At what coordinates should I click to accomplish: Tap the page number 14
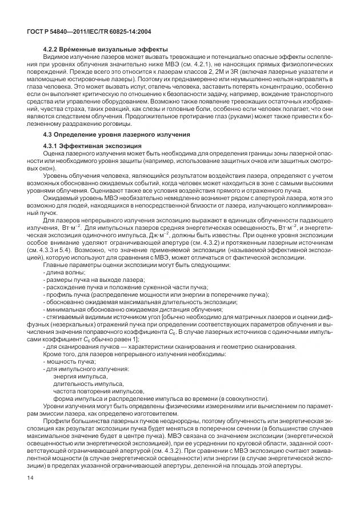point(31,493)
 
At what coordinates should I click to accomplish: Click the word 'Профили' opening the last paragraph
point(55,422)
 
